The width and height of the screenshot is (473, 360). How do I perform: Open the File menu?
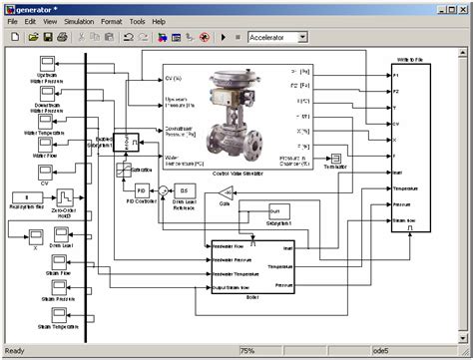13,21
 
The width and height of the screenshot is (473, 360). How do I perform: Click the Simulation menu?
80,21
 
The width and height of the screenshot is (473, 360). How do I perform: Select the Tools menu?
137,21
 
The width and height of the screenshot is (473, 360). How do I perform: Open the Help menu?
160,21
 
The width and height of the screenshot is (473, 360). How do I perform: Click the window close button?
461,7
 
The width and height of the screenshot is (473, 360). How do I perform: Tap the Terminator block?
336,159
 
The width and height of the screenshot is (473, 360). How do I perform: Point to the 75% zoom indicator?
246,351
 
